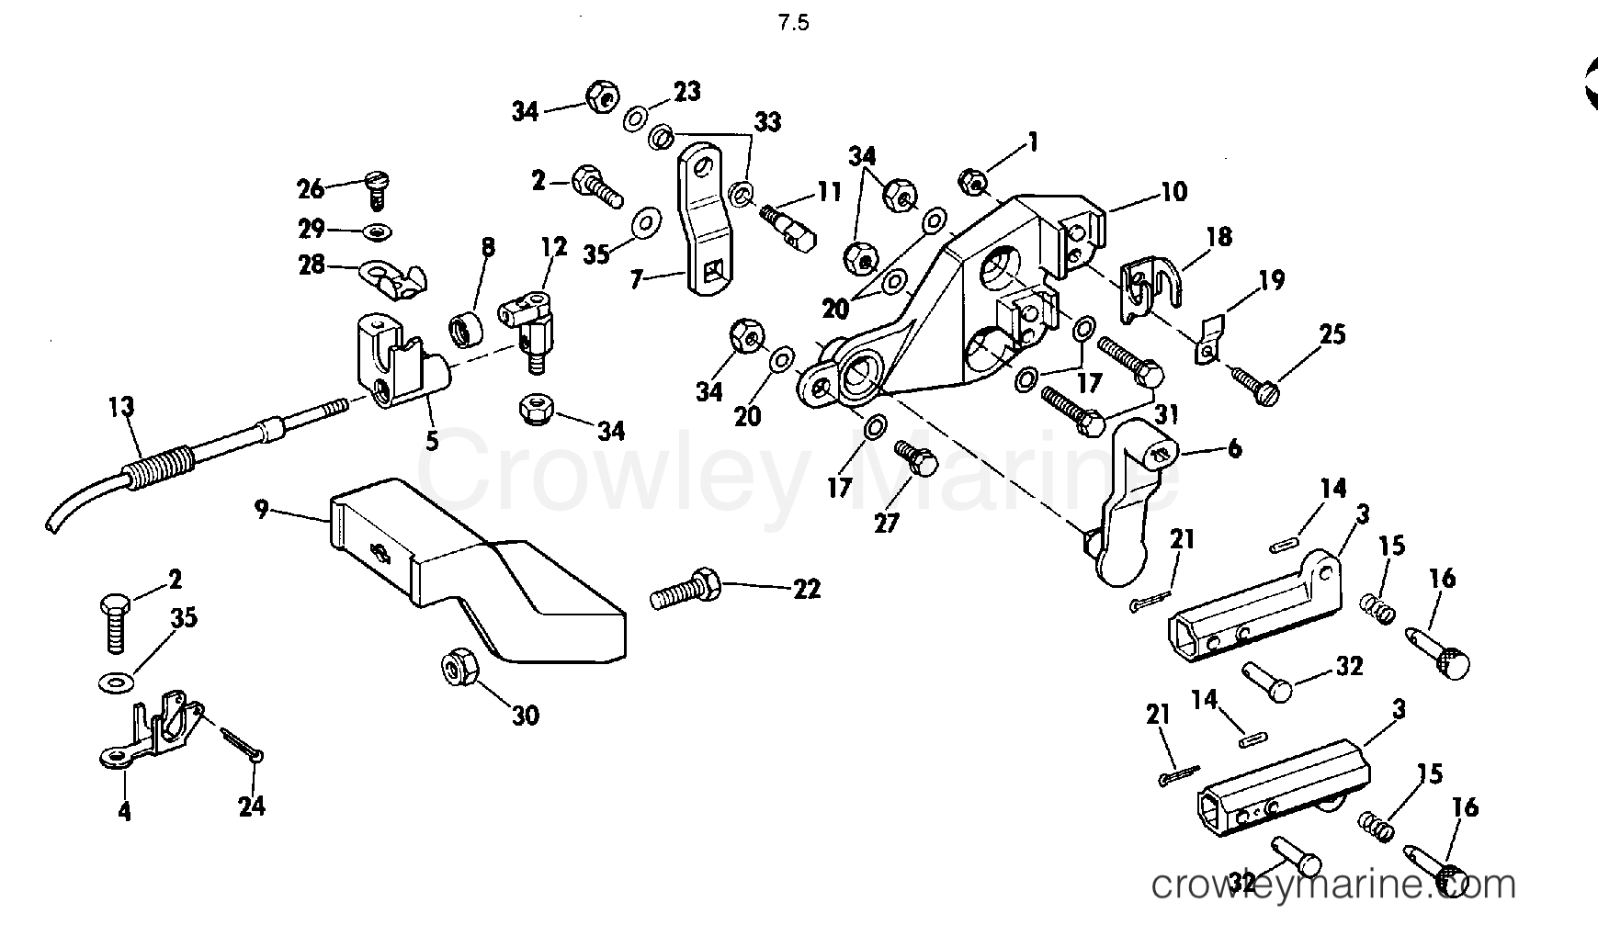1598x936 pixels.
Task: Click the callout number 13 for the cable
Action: [121, 407]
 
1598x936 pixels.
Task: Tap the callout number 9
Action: [262, 508]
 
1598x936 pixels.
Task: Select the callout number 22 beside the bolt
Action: [806, 588]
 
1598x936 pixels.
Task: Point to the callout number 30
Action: [526, 714]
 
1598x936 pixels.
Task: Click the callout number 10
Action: [1173, 191]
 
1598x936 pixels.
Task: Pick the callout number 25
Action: [1332, 334]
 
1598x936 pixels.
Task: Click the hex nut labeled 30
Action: [460, 668]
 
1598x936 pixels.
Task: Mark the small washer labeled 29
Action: [376, 230]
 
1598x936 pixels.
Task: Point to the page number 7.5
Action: [793, 24]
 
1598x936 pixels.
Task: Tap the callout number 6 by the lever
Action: [1234, 448]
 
